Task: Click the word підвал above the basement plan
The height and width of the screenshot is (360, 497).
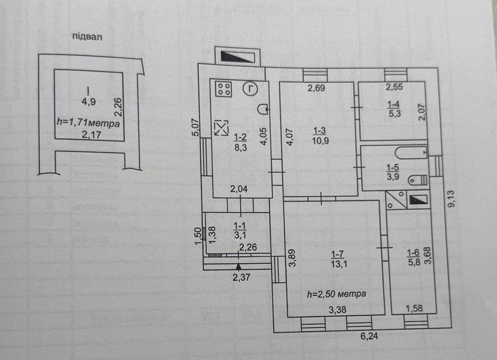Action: (87, 37)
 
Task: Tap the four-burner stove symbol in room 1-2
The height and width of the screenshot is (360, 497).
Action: (224, 89)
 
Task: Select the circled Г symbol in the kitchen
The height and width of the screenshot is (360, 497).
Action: (250, 89)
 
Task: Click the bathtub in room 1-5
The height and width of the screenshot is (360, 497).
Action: (411, 153)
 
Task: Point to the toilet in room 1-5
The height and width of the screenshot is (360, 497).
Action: (418, 180)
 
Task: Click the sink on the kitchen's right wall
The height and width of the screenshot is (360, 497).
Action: (263, 110)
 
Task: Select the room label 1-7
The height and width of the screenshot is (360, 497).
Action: (337, 254)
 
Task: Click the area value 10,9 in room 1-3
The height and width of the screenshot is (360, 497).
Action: (320, 140)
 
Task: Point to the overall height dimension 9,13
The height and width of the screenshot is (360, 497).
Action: (451, 199)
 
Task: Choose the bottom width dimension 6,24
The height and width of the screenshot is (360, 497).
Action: (369, 336)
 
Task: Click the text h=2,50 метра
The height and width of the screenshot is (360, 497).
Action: (337, 294)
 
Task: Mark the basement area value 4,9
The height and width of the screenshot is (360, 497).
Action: (89, 102)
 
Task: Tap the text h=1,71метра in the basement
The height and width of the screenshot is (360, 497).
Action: (89, 123)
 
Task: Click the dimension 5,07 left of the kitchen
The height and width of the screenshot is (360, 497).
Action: (196, 127)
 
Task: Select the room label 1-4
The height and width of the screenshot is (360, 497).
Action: (393, 104)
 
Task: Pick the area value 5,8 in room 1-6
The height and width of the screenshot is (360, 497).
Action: (414, 262)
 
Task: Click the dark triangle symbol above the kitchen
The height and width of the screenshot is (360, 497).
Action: (237, 57)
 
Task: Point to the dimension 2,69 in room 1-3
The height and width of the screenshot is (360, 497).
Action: (316, 88)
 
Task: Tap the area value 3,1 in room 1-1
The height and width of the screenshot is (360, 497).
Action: (240, 235)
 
